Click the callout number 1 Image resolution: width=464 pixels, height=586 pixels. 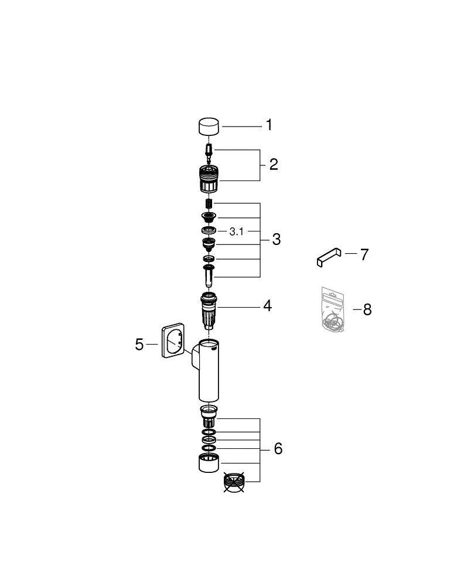tap(269, 125)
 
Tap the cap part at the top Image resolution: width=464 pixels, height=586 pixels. tap(209, 127)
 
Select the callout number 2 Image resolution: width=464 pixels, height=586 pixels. tap(274, 165)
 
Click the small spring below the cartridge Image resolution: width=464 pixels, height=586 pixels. tap(209, 205)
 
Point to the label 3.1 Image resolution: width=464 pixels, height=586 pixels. tap(236, 231)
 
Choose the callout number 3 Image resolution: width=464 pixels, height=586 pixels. tap(276, 239)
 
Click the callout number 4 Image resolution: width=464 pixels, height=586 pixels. tap(268, 306)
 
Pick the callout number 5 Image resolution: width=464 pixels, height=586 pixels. tap(139, 345)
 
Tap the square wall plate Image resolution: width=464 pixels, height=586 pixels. tap(173, 340)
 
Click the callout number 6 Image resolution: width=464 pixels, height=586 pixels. tap(278, 449)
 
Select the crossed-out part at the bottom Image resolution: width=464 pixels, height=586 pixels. tap(234, 482)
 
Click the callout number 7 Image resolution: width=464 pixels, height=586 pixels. tap(364, 254)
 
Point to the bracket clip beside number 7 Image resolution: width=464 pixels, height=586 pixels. tap(329, 257)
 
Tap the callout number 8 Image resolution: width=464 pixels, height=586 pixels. tap(367, 310)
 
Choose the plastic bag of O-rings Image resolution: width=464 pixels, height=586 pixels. tap(332, 309)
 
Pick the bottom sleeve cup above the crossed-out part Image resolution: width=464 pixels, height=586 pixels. tap(209, 463)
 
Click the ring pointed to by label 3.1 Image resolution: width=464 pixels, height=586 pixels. tap(209, 230)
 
